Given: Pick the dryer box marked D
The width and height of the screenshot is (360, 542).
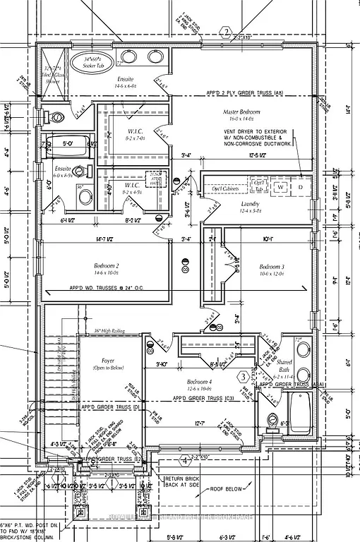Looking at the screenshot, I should coord(300,187).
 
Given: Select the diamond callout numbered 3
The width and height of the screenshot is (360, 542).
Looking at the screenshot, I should coord(244,377).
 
